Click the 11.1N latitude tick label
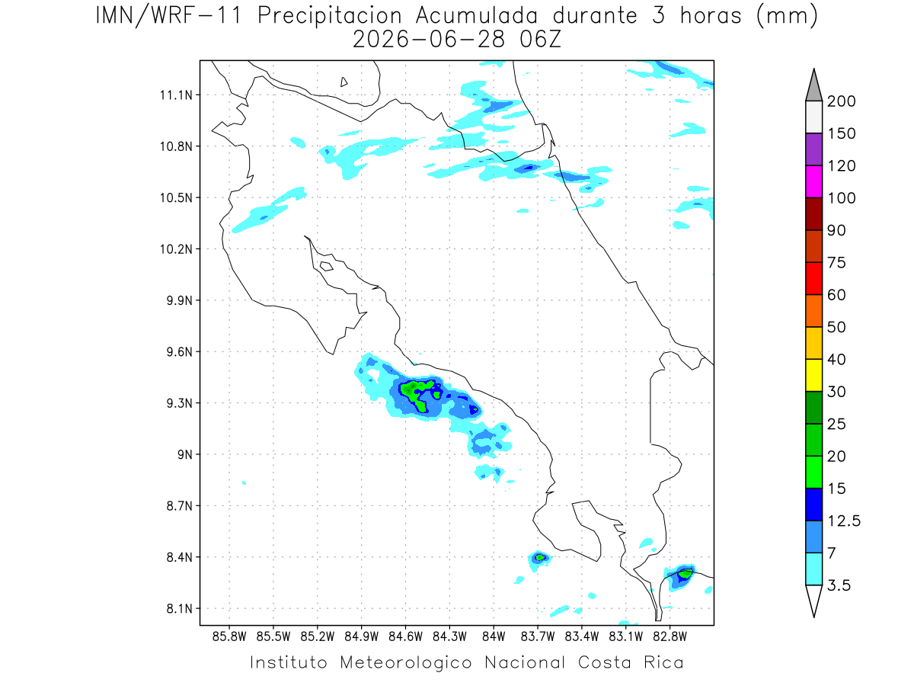(x=176, y=95)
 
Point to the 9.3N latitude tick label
(x=180, y=403)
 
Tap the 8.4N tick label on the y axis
(x=180, y=557)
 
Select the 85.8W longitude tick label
(x=229, y=637)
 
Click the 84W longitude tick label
(x=494, y=637)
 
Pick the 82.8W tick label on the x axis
(x=670, y=637)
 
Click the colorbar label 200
(x=841, y=101)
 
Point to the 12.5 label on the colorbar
(x=844, y=521)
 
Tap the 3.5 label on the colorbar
(x=839, y=585)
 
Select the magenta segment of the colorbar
(x=813, y=181)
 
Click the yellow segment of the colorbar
(x=813, y=375)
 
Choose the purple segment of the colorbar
(x=813, y=149)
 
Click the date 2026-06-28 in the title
(x=429, y=40)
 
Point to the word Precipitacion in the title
(x=330, y=16)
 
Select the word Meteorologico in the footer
(x=405, y=662)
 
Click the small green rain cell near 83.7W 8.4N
(x=540, y=557)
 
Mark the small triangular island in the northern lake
(x=344, y=82)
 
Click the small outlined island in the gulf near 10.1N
(x=327, y=266)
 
